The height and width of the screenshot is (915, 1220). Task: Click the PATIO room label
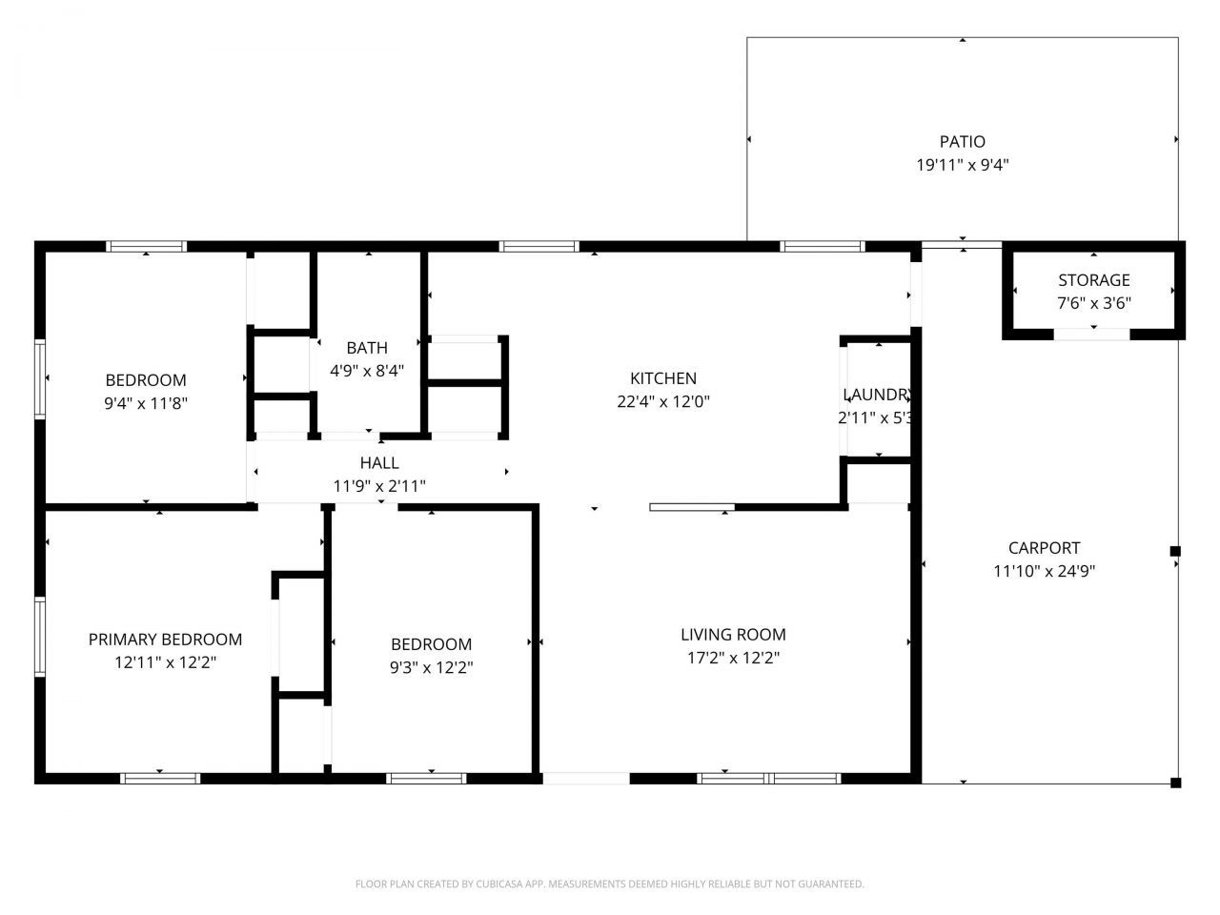tap(962, 142)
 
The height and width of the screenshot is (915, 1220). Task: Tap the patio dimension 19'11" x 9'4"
tap(962, 165)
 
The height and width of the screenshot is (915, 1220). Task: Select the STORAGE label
tap(1093, 280)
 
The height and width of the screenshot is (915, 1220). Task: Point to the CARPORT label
tap(1044, 548)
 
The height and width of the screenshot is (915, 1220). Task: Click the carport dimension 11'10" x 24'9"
tap(1044, 572)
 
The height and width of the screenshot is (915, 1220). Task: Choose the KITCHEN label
tap(662, 378)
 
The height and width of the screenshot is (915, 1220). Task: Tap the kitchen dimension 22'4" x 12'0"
tap(662, 402)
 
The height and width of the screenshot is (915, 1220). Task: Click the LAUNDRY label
tap(878, 395)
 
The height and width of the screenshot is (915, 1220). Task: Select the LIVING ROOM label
tap(733, 635)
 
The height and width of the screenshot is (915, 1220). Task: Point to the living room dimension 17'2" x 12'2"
tap(733, 658)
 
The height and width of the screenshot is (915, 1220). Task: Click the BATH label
tap(367, 348)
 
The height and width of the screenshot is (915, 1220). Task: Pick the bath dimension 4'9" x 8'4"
tap(367, 371)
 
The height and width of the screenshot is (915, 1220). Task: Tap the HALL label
tap(379, 463)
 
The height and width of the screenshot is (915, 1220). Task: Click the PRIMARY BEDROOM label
tap(165, 640)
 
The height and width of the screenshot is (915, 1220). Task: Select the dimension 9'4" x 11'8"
tap(146, 403)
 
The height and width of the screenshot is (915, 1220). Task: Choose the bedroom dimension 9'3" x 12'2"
tap(431, 667)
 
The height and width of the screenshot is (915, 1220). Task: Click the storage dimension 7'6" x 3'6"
tap(1093, 303)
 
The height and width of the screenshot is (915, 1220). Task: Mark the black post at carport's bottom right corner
tap(1175, 783)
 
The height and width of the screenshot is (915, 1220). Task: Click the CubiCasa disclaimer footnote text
tap(609, 884)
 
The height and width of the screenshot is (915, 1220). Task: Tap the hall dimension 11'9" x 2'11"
tap(379, 486)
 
